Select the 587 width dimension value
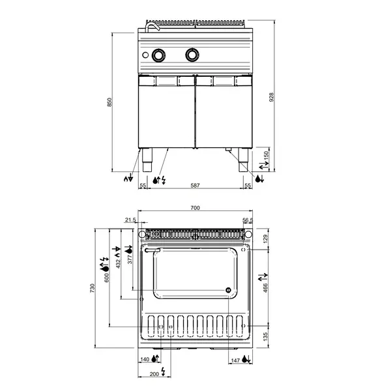coord(195,186)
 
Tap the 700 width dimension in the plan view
coord(195,208)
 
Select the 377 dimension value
coord(130,261)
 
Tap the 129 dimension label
coord(265,239)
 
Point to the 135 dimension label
coord(265,337)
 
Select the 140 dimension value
coord(145,359)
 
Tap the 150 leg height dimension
coord(266,156)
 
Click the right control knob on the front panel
coord(192,55)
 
